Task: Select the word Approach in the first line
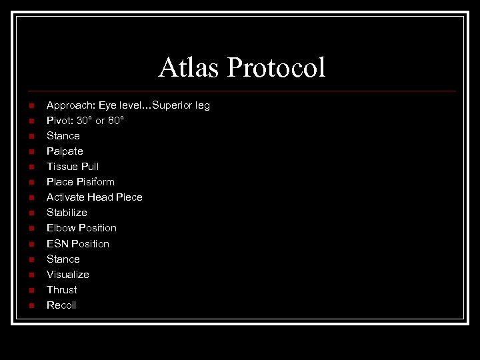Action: pyautogui.click(x=70, y=105)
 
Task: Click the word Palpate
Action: pyautogui.click(x=65, y=151)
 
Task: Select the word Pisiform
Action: pyautogui.click(x=95, y=182)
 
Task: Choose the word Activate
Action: pyautogui.click(x=66, y=197)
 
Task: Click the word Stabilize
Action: pyautogui.click(x=67, y=213)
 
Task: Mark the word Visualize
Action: pyautogui.click(x=68, y=275)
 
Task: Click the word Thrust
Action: pyautogui.click(x=62, y=290)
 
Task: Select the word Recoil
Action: pyautogui.click(x=61, y=305)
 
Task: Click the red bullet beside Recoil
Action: pyautogui.click(x=31, y=305)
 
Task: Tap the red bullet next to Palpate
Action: pyautogui.click(x=31, y=151)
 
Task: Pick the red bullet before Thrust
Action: pyautogui.click(x=31, y=290)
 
